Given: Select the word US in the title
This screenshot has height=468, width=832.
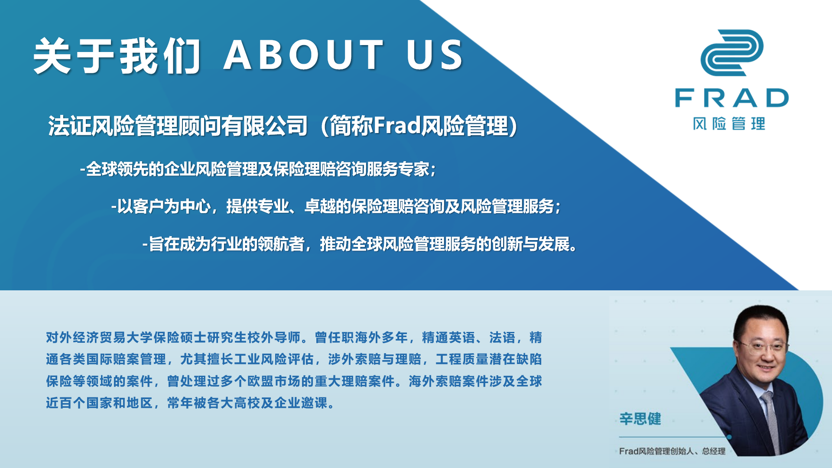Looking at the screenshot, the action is tap(435, 55).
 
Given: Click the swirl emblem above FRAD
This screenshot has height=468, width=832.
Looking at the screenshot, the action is tap(732, 52).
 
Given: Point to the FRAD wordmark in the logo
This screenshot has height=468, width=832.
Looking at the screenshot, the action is tap(732, 98).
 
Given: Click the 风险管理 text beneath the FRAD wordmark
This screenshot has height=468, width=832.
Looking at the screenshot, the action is tap(729, 124).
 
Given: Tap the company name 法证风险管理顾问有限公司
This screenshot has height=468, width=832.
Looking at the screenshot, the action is tap(178, 126).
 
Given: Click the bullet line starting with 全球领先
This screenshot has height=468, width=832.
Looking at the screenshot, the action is tap(258, 169).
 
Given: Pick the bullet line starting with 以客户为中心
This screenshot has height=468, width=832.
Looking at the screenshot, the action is tap(336, 206).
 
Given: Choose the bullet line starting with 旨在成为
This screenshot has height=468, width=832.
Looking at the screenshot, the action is tap(360, 244).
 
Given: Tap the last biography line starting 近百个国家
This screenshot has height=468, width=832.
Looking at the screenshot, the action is tap(190, 403).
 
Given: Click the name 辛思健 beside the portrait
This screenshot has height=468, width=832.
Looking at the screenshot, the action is tap(640, 419).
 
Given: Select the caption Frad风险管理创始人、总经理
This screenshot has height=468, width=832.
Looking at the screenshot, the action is tap(672, 451).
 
